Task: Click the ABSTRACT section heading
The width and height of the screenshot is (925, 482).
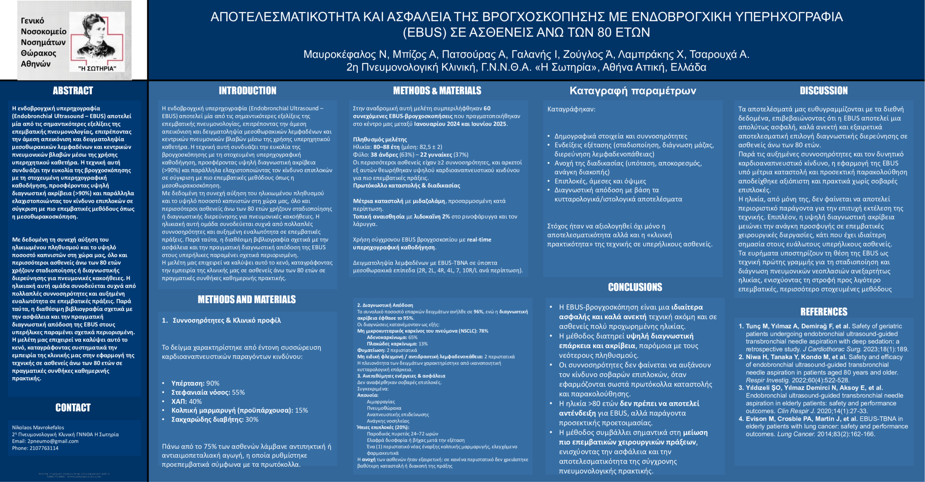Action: (73, 90)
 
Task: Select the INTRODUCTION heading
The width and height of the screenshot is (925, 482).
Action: (248, 90)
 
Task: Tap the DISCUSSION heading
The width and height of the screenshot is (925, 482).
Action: (823, 90)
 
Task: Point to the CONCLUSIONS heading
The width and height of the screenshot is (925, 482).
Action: (635, 287)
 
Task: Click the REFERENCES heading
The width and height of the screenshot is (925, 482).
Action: (823, 311)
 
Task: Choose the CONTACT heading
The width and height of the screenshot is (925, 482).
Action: (73, 407)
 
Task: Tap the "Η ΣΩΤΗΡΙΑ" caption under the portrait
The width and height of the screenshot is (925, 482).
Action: (97, 69)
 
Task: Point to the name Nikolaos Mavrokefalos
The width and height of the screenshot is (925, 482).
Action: (38, 427)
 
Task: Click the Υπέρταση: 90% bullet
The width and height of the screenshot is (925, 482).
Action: (195, 383)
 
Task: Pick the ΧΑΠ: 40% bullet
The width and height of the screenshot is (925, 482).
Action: (187, 401)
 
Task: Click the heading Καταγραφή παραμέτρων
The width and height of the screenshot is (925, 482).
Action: (632, 91)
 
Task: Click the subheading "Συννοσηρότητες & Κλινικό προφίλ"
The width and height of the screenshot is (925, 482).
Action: (226, 320)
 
